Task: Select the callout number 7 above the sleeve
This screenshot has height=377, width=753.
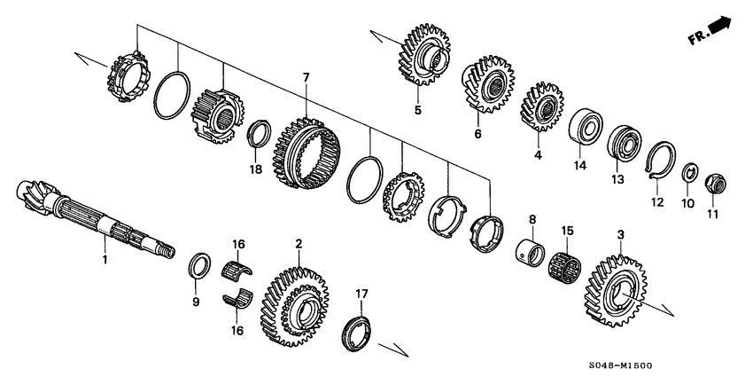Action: (306, 78)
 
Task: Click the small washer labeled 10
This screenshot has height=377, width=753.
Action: (687, 174)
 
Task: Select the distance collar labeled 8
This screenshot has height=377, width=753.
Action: (532, 247)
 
